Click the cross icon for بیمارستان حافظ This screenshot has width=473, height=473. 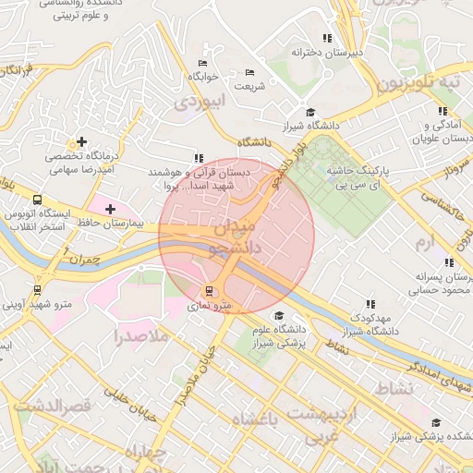click(111, 210)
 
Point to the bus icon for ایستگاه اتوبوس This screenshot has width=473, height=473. click(37, 200)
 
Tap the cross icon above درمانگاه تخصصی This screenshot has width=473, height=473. click(82, 142)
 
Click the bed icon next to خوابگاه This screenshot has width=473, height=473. click(202, 64)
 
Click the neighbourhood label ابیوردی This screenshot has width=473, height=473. click(198, 101)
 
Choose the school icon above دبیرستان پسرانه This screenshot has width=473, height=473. click(448, 262)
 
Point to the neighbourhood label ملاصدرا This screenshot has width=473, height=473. click(143, 336)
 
